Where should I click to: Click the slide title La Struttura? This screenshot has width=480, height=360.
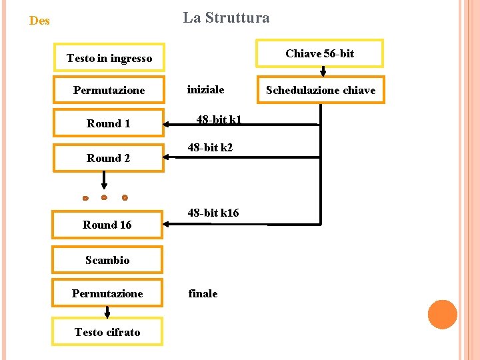(226, 18)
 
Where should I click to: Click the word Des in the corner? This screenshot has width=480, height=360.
(39, 21)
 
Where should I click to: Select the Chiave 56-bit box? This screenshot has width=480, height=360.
(319, 54)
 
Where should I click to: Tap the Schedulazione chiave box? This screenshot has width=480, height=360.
(321, 90)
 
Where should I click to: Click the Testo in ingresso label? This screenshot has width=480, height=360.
(109, 59)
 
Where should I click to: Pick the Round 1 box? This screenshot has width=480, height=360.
(109, 123)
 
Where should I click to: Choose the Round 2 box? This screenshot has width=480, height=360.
(109, 158)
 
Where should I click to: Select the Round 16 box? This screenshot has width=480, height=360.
(107, 225)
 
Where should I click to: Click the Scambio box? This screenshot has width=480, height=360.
(107, 260)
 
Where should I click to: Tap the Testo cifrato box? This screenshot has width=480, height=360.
(107, 332)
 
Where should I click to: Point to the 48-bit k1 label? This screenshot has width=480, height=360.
(219, 120)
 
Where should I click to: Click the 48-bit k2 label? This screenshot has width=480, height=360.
(210, 147)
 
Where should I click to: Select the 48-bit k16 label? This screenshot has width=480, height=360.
(213, 213)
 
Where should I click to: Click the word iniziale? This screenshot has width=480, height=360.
(205, 89)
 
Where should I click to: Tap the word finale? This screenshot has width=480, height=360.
(203, 293)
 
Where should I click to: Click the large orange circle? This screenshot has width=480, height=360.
(442, 315)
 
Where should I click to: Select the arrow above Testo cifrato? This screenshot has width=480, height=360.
(107, 312)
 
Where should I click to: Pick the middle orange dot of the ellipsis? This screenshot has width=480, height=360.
(104, 197)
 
